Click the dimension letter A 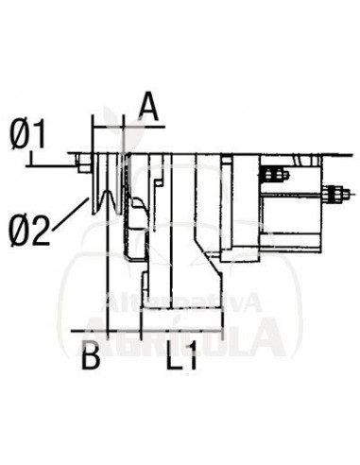click(x=147, y=106)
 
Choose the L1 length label click(x=180, y=358)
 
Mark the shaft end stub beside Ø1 click(x=83, y=167)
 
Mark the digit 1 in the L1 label click(x=192, y=358)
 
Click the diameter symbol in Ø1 click(x=18, y=135)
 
